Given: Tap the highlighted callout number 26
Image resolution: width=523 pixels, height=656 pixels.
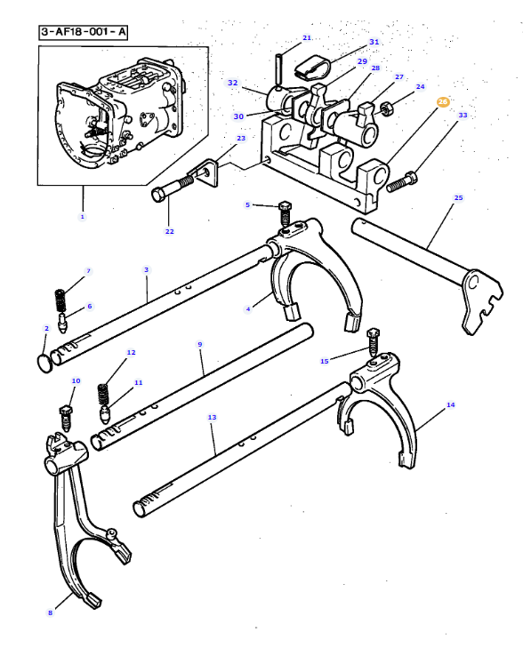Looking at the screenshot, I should tap(442, 102).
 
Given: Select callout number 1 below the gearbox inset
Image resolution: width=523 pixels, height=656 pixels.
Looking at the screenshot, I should tap(83, 216).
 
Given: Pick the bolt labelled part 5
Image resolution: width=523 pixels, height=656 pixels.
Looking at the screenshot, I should tap(285, 214).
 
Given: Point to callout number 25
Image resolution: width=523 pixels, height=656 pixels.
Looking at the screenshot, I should tap(458, 197).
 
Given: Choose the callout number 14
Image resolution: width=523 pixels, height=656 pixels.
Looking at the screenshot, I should tap(450, 404).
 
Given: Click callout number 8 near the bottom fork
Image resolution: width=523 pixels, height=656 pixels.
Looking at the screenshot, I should tap(50, 612).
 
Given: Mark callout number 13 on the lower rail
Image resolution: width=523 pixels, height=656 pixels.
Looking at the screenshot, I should tap(212, 417).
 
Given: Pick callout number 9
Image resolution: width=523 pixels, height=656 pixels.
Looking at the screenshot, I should tap(200, 344).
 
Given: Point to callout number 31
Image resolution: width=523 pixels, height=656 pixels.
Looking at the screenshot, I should tap(374, 42).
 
